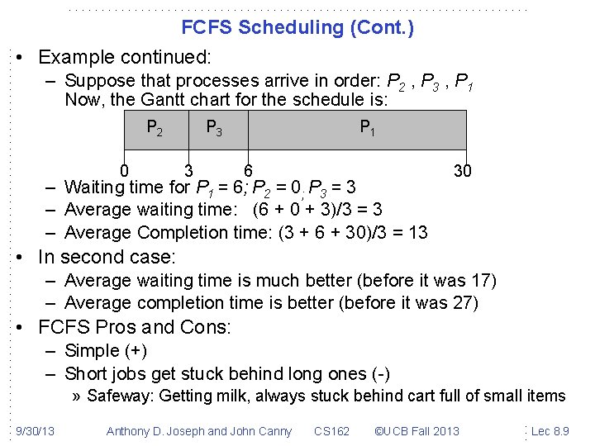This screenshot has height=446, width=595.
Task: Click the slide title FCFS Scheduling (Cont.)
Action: [x=297, y=27]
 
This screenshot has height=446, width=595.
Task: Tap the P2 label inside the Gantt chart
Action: [x=154, y=127]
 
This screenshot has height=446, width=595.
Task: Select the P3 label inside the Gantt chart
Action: [x=213, y=127]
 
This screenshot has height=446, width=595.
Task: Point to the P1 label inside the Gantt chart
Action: [x=366, y=127]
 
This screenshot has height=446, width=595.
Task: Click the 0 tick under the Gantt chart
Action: [x=123, y=171]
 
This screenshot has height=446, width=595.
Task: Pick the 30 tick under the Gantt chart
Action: [x=464, y=171]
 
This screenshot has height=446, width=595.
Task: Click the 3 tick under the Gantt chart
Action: [x=188, y=171]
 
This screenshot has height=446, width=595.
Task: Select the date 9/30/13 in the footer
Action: [x=35, y=430]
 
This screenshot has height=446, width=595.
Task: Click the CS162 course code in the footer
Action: [x=331, y=430]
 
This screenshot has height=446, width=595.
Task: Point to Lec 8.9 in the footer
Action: [x=550, y=430]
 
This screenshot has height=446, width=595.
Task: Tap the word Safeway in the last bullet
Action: [x=119, y=396]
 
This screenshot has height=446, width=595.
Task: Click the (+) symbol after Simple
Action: [x=134, y=351]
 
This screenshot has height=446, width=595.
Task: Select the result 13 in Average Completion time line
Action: [x=417, y=233]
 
